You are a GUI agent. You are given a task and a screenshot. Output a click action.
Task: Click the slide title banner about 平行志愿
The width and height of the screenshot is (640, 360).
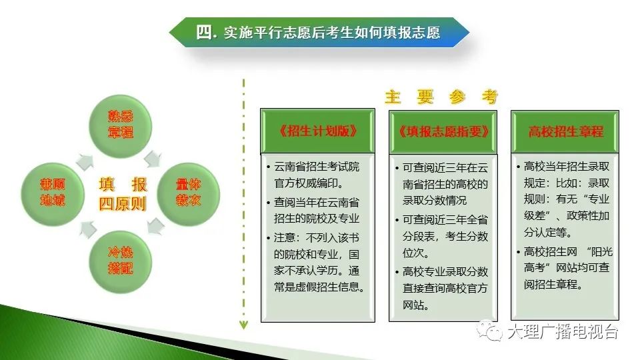(319, 32)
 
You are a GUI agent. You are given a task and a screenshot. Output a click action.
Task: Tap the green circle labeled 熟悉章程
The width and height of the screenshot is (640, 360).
(121, 126)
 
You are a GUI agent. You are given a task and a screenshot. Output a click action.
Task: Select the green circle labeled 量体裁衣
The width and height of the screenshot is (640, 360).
(188, 194)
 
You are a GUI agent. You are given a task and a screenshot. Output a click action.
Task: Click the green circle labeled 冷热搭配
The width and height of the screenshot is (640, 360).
(121, 261)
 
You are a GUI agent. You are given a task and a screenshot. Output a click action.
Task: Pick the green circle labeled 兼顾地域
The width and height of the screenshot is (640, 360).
(53, 194)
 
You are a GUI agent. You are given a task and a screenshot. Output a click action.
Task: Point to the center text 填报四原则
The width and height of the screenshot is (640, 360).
(123, 194)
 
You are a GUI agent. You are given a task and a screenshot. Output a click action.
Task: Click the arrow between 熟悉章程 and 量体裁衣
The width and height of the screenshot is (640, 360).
(153, 159)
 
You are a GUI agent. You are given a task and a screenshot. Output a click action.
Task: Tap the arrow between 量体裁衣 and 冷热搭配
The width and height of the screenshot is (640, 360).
(155, 226)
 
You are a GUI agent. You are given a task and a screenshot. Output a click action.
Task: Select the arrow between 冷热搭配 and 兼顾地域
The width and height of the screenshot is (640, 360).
(88, 229)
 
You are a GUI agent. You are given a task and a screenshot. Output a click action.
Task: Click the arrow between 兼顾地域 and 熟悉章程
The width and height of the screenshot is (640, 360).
(85, 161)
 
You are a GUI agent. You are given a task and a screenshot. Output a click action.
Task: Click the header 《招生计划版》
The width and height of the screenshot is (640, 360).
(317, 131)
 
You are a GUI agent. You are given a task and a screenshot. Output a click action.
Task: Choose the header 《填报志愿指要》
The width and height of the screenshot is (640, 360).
(443, 132)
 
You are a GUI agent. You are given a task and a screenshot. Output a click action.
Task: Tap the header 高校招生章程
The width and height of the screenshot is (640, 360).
(565, 132)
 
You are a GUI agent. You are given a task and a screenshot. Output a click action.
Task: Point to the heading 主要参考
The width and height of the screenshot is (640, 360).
(441, 97)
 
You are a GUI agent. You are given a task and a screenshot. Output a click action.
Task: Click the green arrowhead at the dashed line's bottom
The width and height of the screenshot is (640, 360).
(244, 325)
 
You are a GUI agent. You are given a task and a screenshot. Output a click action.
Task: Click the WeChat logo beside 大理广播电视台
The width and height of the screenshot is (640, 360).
(490, 330)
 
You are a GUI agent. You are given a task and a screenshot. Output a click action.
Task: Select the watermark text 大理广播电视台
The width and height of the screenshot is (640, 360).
(563, 331)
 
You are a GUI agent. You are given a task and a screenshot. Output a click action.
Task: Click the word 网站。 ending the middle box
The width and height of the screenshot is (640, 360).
(415, 305)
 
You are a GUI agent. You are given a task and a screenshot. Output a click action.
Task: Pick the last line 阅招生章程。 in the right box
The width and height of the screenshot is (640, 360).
(553, 285)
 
